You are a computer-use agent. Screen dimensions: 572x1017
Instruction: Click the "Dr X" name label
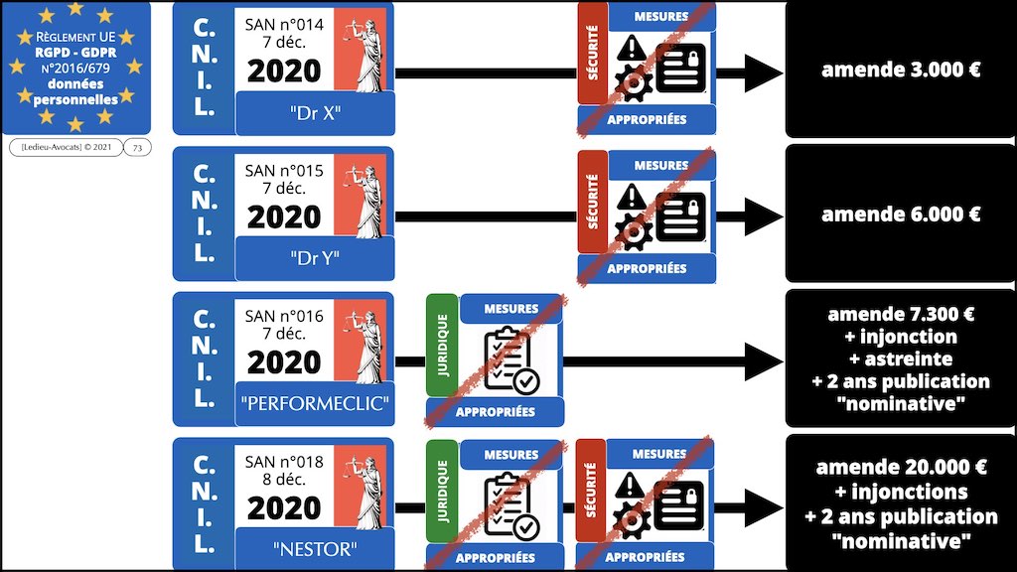pyautogui.click(x=315, y=113)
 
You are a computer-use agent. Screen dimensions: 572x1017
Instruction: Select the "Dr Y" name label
pyautogui.click(x=315, y=258)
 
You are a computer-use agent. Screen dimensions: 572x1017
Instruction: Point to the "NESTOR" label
pyautogui.click(x=315, y=549)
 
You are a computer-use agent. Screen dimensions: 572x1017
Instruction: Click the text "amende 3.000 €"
pyautogui.click(x=901, y=71)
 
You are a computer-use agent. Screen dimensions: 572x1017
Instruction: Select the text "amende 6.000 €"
pyautogui.click(x=901, y=214)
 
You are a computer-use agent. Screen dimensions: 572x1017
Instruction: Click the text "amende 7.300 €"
pyautogui.click(x=901, y=315)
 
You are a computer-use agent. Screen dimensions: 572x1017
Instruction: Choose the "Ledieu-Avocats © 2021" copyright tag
pyautogui.click(x=66, y=148)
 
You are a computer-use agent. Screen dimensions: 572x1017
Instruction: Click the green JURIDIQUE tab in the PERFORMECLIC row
pyautogui.click(x=442, y=343)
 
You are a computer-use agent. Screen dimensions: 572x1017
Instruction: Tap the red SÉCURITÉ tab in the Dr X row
pyautogui.click(x=593, y=62)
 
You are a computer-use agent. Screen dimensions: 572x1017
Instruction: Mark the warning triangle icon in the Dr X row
pyautogui.click(x=632, y=48)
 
